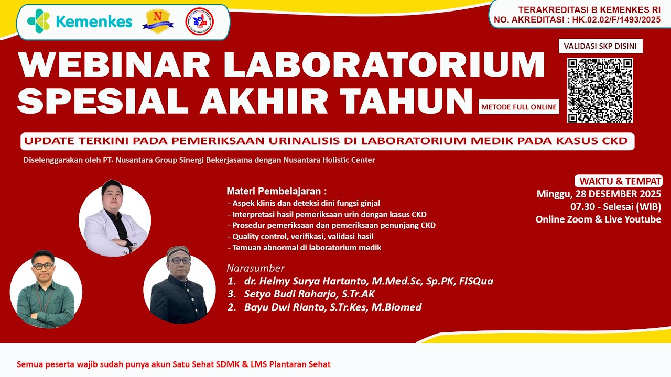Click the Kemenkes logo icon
point(38,21)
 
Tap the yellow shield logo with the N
point(159,21)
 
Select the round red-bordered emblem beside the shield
point(200,21)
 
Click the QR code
point(600,91)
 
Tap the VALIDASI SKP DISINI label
point(600,46)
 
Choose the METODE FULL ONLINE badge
point(518,107)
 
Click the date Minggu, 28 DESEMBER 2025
point(599,194)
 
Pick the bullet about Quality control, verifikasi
point(300,236)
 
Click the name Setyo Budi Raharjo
point(309,294)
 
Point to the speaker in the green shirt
point(46,291)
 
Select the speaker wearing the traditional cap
point(179,286)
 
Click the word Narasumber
point(255,268)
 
